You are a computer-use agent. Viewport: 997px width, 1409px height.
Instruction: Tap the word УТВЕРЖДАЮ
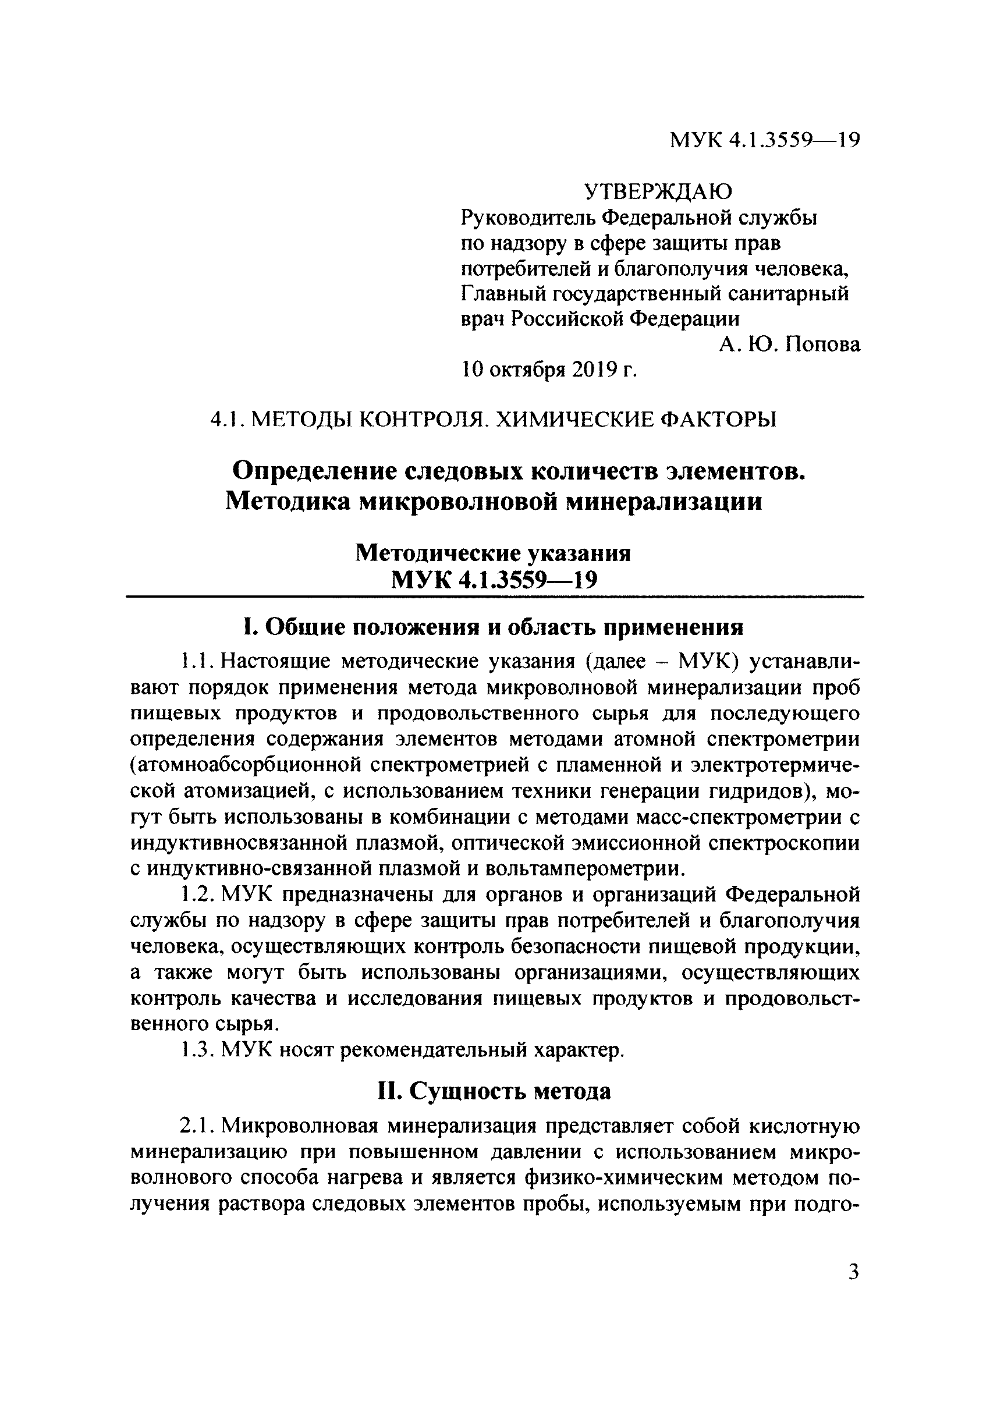click(x=658, y=192)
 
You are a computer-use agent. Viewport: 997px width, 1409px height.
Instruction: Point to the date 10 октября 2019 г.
click(x=549, y=370)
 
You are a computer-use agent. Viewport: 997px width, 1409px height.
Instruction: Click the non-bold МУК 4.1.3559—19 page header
click(x=764, y=141)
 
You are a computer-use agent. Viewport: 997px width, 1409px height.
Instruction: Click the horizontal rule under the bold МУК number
click(x=494, y=597)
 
